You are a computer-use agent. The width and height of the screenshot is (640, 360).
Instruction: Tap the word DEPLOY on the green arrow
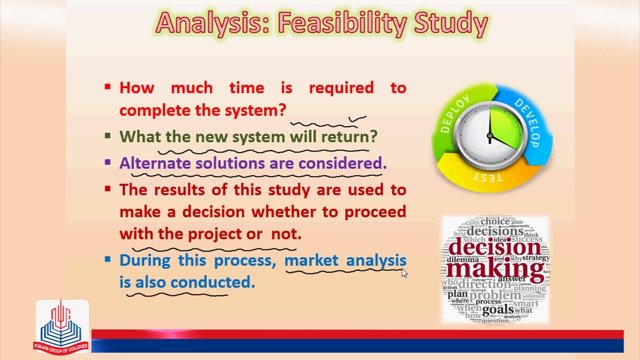(455, 114)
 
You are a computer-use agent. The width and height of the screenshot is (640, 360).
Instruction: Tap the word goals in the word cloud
(497, 309)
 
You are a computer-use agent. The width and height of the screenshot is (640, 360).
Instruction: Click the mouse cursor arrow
(404, 272)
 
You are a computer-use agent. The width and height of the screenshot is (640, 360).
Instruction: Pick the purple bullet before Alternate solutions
(107, 162)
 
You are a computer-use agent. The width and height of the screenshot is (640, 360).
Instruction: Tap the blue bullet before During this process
(107, 259)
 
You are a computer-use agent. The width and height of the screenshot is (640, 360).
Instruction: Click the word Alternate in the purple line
(155, 163)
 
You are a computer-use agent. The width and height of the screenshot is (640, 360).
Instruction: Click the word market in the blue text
(312, 260)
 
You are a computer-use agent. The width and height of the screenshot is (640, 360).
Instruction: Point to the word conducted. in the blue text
(212, 282)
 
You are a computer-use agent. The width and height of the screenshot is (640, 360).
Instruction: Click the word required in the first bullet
(341, 88)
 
